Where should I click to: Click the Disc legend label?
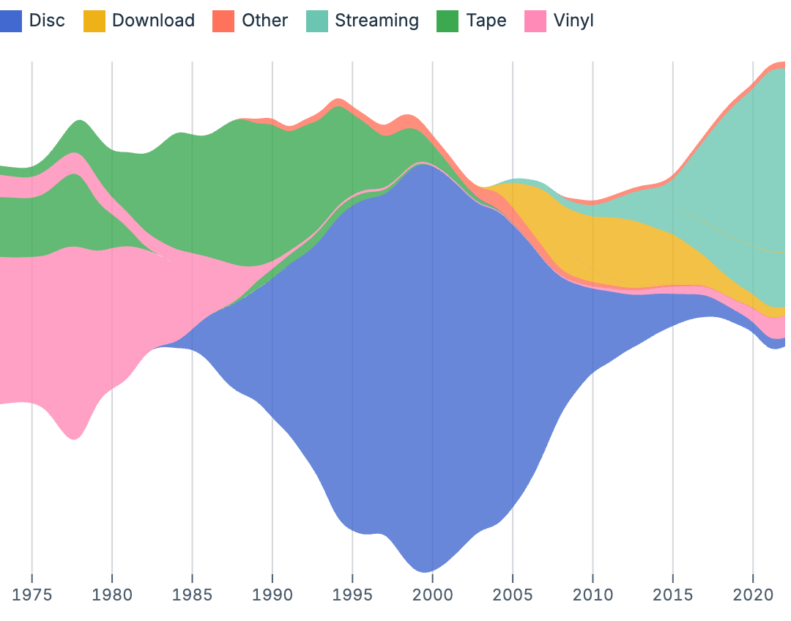(x=47, y=21)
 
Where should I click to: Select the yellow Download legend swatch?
(x=94, y=21)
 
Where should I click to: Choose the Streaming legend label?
(x=376, y=21)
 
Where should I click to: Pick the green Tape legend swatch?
(x=448, y=21)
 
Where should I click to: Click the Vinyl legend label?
(x=573, y=21)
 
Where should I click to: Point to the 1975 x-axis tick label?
(x=32, y=593)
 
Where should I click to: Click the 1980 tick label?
(x=112, y=593)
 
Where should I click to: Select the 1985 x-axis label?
(x=192, y=593)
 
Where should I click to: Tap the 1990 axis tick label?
(x=272, y=593)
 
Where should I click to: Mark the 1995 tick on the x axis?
(x=352, y=593)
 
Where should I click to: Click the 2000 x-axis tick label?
(x=433, y=593)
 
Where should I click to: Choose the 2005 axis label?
(x=513, y=593)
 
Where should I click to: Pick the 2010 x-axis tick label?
(x=593, y=593)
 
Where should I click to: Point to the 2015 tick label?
(x=673, y=593)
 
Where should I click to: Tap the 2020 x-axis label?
(x=753, y=593)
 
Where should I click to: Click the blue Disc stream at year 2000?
(x=433, y=366)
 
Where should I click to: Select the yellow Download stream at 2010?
(x=593, y=249)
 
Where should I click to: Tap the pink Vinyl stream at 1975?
(x=32, y=330)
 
